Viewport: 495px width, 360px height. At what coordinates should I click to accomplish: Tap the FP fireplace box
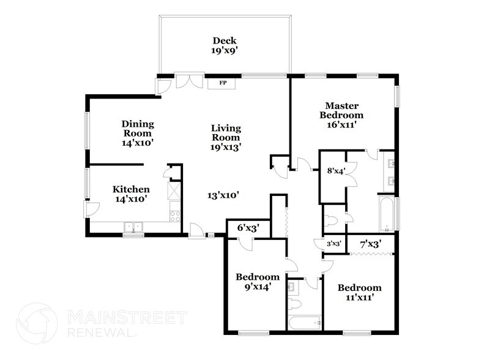[223, 81]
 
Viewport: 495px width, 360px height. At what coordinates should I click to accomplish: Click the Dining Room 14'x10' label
[137, 133]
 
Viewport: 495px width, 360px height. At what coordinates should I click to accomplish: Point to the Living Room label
[226, 137]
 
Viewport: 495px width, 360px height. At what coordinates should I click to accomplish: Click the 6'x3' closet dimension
[248, 228]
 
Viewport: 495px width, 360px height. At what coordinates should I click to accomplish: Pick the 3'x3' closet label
[333, 244]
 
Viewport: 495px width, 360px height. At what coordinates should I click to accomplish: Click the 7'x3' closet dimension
[371, 244]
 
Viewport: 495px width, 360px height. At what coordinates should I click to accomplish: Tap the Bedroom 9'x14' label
[258, 281]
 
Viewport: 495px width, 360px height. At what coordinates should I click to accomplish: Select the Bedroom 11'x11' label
[360, 292]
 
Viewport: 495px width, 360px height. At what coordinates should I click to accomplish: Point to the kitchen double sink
[133, 227]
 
